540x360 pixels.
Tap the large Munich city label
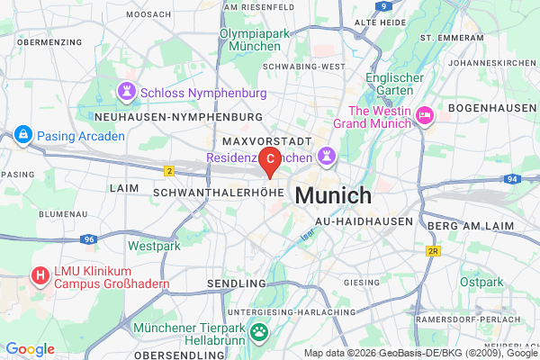click(332, 195)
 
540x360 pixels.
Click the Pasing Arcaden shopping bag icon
click(22, 135)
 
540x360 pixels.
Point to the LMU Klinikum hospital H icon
click(40, 275)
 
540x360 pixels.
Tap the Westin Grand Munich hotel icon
click(423, 116)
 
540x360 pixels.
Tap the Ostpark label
click(481, 282)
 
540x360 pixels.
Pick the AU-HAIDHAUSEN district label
click(364, 220)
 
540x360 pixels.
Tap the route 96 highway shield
click(88, 239)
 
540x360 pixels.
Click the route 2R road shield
click(433, 251)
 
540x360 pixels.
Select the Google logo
click(30, 349)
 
